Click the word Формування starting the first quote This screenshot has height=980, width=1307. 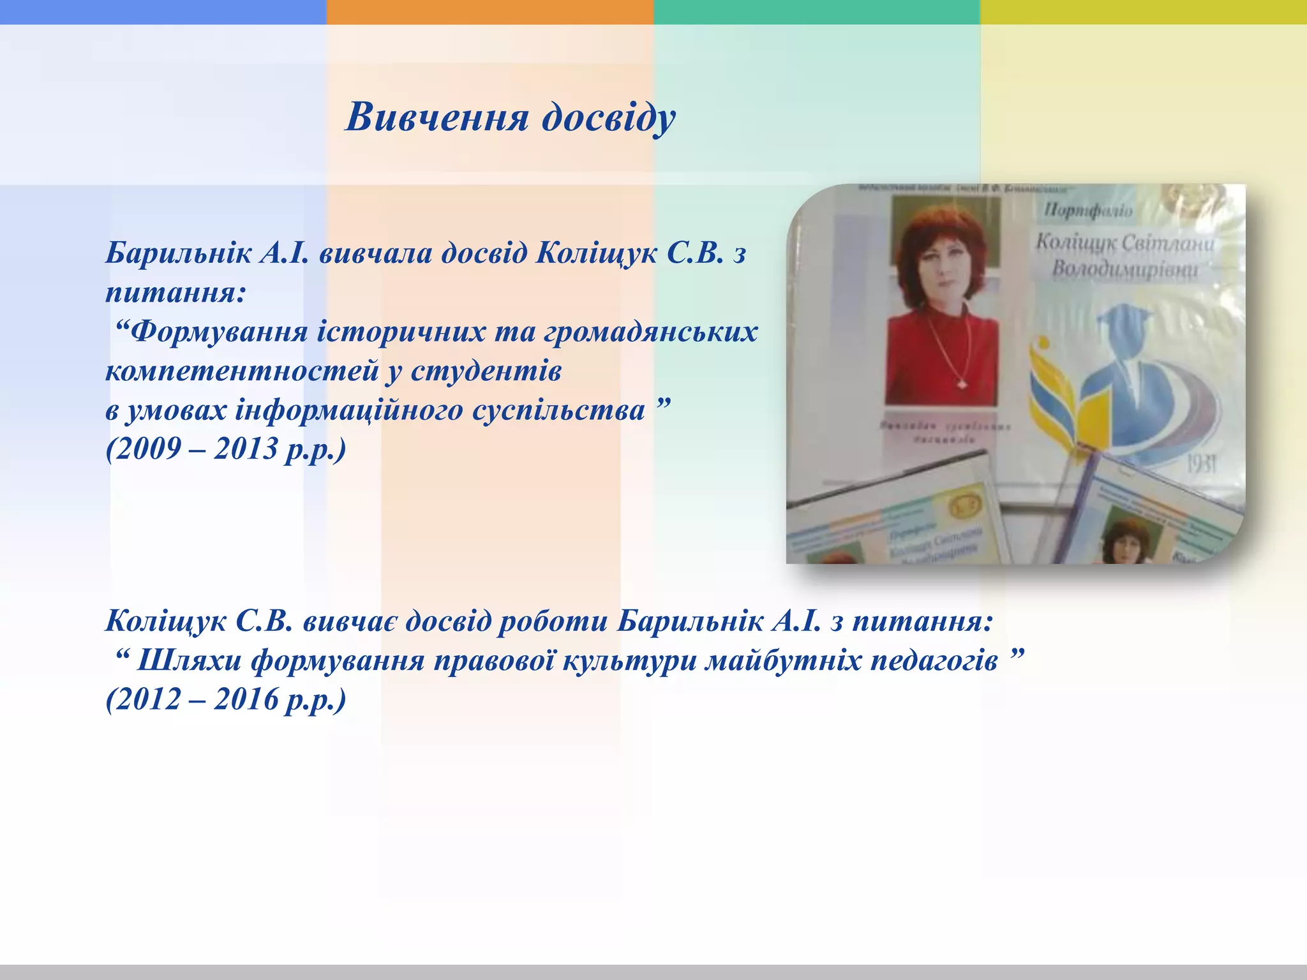pos(219,332)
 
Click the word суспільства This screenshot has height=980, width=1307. pos(558,410)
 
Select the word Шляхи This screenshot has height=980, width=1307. pos(189,660)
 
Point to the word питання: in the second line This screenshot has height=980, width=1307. pos(176,293)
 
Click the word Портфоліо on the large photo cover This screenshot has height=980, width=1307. pos(1088,210)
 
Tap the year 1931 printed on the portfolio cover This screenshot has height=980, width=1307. pos(1201,464)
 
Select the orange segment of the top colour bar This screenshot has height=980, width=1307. pos(489,11)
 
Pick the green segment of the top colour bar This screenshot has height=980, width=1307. pos(816,11)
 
